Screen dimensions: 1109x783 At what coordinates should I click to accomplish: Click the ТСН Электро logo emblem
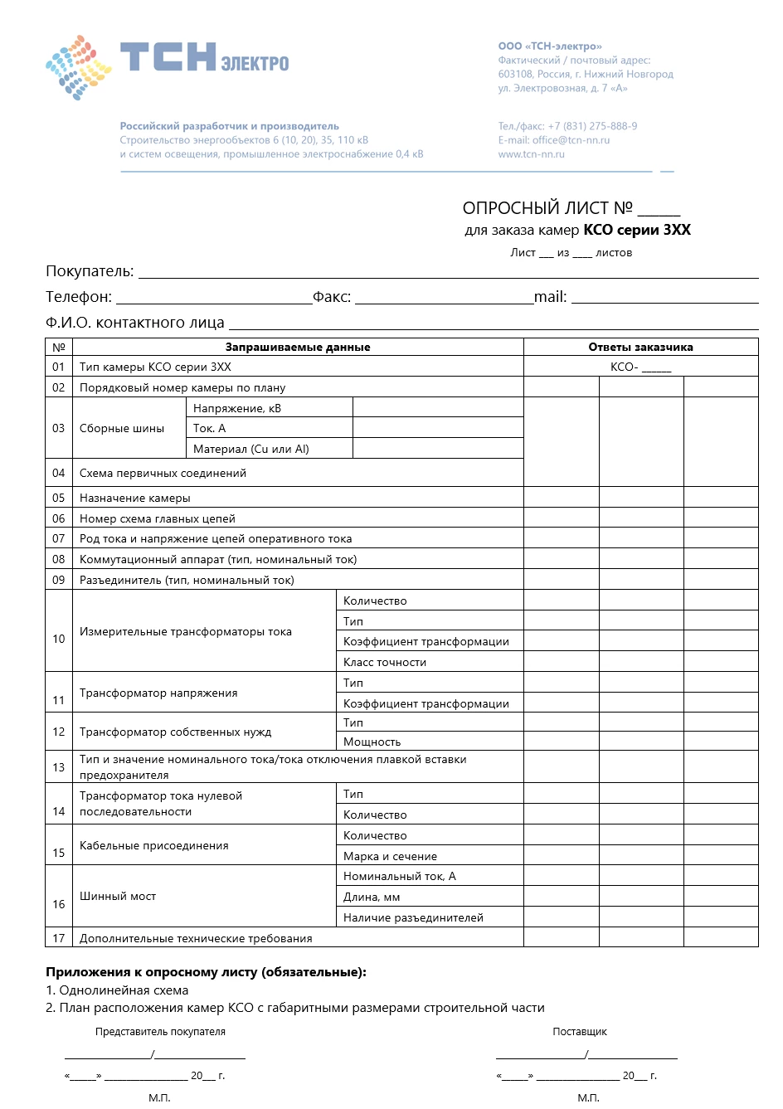[79, 67]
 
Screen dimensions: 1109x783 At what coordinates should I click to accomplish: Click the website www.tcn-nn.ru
[531, 154]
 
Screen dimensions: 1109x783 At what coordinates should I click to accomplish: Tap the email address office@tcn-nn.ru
[571, 140]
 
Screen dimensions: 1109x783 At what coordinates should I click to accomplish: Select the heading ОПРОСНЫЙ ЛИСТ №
[547, 208]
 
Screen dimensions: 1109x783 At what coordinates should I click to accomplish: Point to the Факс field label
[332, 297]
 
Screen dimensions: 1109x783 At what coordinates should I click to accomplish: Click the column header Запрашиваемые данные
[298, 348]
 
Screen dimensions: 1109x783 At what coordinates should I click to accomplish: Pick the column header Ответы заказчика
[640, 348]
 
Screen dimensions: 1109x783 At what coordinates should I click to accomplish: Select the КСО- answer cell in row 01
[640, 367]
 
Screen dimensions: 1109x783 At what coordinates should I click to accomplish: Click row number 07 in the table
[59, 539]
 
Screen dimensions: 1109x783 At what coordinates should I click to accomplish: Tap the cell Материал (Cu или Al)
[251, 450]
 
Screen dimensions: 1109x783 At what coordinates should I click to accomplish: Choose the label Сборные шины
[122, 429]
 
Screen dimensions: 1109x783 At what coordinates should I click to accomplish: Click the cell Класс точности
[385, 663]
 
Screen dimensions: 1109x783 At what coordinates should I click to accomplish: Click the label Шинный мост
[118, 897]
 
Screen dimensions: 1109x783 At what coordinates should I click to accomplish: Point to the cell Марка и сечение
[390, 857]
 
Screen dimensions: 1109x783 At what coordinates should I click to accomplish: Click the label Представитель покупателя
[160, 1032]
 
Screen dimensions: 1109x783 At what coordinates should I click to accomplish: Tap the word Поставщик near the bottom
[580, 1032]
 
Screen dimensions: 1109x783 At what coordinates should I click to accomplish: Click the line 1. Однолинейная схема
[117, 990]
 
